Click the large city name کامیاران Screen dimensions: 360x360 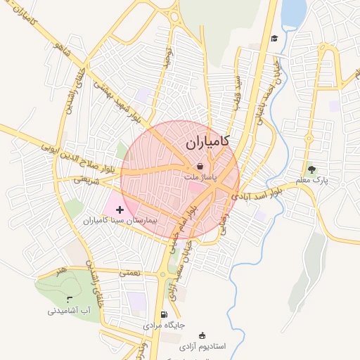pyautogui.click(x=209, y=143)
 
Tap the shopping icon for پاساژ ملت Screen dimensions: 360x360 pyautogui.click(x=201, y=167)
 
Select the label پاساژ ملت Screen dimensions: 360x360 pyautogui.click(x=200, y=179)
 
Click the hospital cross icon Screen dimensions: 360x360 pyautogui.click(x=120, y=210)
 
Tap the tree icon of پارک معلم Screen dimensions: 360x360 pyautogui.click(x=311, y=169)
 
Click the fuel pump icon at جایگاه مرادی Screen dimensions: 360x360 pyautogui.click(x=165, y=314)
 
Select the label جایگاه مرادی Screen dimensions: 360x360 pyautogui.click(x=164, y=326)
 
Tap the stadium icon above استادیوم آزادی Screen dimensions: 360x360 pyautogui.click(x=203, y=335)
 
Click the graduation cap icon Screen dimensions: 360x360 pyautogui.click(x=274, y=38)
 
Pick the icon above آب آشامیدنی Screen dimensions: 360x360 pyautogui.click(x=68, y=300)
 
